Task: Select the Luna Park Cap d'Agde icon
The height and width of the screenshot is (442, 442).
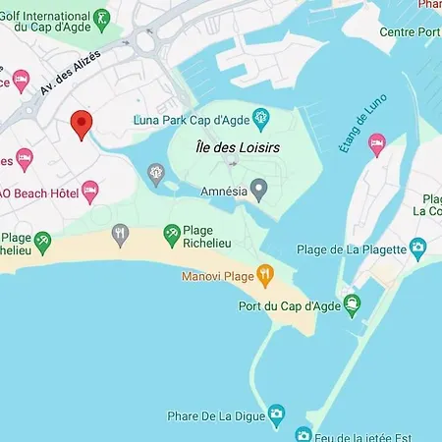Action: (x=261, y=121)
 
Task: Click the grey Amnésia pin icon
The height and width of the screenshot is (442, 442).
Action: (x=259, y=190)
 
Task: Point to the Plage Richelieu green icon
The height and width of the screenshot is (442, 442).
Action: (x=171, y=231)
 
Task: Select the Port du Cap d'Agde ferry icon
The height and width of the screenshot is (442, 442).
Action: (x=352, y=303)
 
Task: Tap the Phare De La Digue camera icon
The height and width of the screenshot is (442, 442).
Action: (x=278, y=413)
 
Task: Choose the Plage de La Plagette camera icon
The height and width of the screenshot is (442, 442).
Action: (x=418, y=246)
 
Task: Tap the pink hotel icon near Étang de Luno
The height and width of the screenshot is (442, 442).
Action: (x=376, y=145)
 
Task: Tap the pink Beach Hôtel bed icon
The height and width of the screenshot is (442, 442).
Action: (x=90, y=190)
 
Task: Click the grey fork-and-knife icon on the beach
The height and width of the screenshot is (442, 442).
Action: (x=121, y=233)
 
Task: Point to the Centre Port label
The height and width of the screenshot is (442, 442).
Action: (x=409, y=31)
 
